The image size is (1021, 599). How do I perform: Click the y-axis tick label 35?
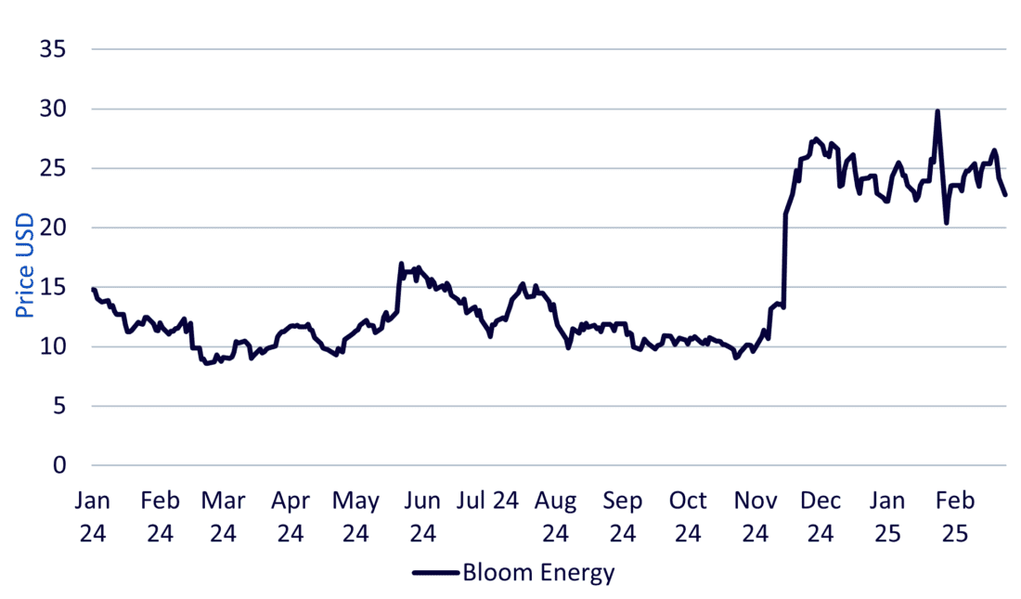point(52,49)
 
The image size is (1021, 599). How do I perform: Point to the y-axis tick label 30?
point(52,109)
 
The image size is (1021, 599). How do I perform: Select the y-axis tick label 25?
point(52,168)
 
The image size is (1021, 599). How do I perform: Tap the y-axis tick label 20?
point(52,228)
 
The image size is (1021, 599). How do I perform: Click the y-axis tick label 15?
point(52,287)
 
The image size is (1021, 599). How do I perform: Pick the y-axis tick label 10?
point(52,346)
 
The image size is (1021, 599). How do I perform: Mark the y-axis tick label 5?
point(58,406)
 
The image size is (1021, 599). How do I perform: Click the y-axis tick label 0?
point(58,465)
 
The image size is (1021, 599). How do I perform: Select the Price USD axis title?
point(25,265)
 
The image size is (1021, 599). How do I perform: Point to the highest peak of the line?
point(937,111)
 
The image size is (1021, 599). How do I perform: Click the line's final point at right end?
point(1005,194)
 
